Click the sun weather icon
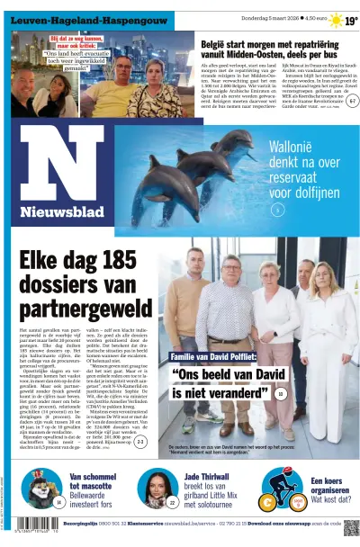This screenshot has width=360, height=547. pos(335,20)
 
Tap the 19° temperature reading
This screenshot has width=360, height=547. pos(351,20)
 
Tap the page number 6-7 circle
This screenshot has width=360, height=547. pos(352,101)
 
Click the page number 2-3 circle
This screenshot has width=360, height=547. pos(140,442)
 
